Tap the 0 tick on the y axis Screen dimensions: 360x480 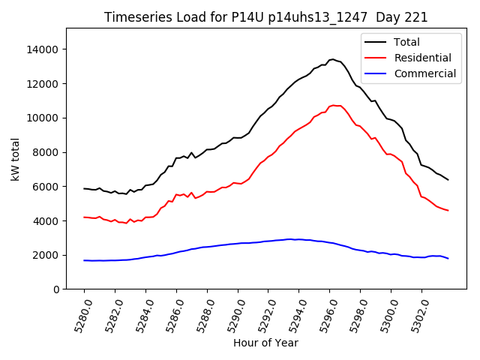coord(56,289)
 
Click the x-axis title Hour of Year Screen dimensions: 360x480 coord(265,343)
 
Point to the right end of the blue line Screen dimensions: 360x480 coord(448,258)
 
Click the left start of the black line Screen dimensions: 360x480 coord(84,188)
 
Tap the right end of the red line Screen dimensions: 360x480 coord(448,210)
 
